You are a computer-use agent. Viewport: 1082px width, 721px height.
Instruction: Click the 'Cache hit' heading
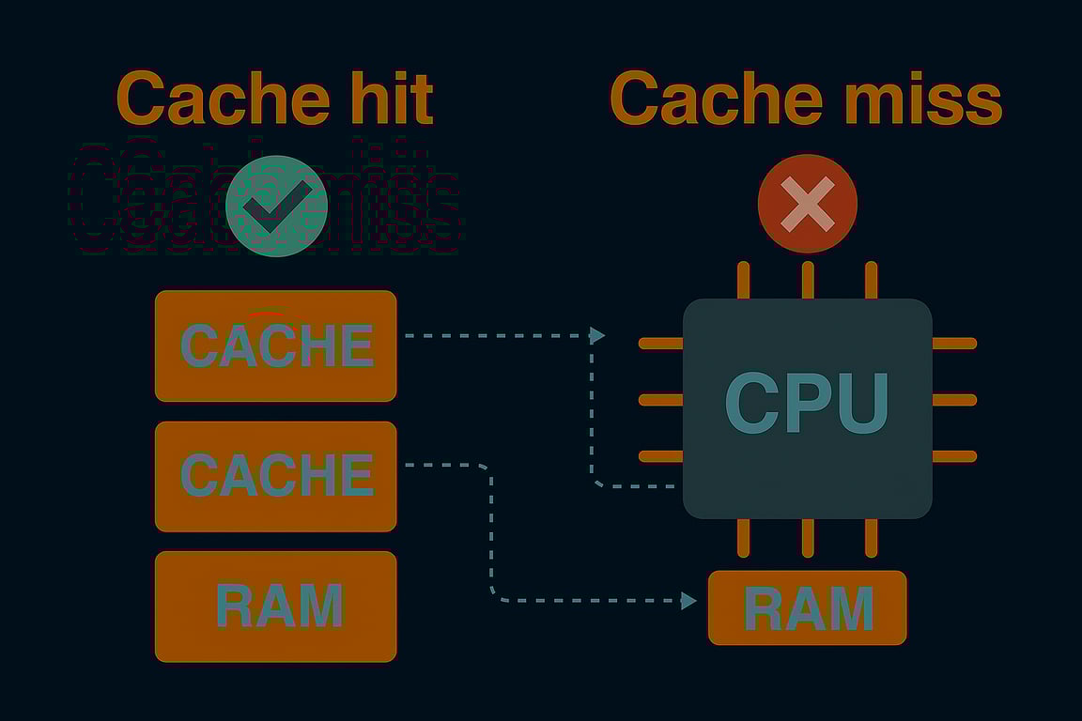click(x=274, y=98)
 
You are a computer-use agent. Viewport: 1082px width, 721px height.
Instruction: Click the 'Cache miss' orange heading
click(x=806, y=98)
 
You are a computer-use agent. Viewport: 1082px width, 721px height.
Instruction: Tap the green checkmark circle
click(x=276, y=207)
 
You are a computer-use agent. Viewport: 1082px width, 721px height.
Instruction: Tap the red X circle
click(x=808, y=204)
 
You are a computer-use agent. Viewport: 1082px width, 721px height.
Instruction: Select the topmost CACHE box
click(x=275, y=345)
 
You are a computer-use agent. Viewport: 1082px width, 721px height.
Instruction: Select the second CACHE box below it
click(x=275, y=476)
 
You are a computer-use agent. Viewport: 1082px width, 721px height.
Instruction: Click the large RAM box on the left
click(x=275, y=606)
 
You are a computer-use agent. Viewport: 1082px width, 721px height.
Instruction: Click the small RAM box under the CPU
click(x=808, y=607)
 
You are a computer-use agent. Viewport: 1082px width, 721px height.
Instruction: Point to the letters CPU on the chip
click(x=807, y=404)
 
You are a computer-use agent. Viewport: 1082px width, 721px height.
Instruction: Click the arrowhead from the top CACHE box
click(x=597, y=335)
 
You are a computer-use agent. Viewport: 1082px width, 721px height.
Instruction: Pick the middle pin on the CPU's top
click(x=808, y=280)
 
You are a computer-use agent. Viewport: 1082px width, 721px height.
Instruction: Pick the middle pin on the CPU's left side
click(x=660, y=400)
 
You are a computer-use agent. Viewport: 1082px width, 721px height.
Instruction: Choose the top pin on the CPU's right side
click(x=954, y=344)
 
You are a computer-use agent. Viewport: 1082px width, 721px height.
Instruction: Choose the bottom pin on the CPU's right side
click(x=954, y=456)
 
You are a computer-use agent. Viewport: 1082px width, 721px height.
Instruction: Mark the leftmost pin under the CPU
click(x=744, y=537)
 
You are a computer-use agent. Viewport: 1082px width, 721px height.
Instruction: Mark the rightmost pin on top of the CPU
click(x=871, y=280)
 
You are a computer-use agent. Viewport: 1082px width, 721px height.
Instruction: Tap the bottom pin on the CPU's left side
click(x=660, y=456)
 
